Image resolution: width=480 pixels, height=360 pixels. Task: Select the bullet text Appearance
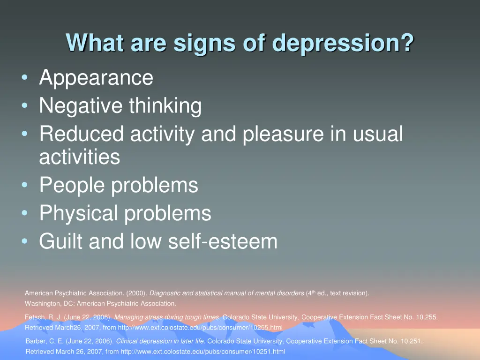(x=96, y=78)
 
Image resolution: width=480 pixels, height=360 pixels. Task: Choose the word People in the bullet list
(x=72, y=185)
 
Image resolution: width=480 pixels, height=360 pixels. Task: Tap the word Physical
(x=79, y=214)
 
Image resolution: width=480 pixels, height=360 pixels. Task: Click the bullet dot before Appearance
(x=24, y=78)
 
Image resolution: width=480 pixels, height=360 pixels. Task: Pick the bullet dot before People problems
(x=24, y=186)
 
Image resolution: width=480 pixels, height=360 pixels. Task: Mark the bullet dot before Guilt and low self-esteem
(x=24, y=242)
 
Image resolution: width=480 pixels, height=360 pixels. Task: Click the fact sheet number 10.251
(x=411, y=342)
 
